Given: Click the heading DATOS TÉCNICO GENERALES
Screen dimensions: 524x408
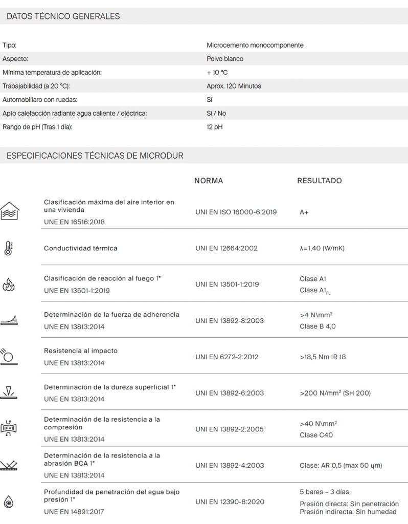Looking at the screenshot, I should click(x=63, y=16).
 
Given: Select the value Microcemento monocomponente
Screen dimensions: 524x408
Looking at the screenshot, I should click(x=255, y=45).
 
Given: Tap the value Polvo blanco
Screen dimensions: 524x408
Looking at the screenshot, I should click(x=225, y=59).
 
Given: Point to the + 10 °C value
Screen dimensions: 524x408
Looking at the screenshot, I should click(x=217, y=73).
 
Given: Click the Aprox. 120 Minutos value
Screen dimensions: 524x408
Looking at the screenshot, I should click(x=234, y=86).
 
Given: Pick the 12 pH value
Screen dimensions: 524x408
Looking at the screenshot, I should click(x=215, y=127).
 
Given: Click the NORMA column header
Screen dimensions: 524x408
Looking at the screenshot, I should click(x=209, y=181).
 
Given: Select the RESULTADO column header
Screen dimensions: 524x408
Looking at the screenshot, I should click(x=320, y=181).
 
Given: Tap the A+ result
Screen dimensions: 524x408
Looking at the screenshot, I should click(x=304, y=212).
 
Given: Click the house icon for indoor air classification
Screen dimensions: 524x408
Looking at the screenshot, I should click(x=9, y=211).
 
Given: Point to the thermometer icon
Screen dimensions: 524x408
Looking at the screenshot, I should click(x=8, y=248).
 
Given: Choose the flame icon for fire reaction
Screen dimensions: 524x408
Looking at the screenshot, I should click(x=9, y=285).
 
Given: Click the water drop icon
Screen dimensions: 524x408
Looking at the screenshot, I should click(x=8, y=502).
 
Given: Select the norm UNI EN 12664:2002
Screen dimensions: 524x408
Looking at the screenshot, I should click(x=226, y=248).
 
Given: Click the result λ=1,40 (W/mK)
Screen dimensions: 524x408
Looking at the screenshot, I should click(x=322, y=248).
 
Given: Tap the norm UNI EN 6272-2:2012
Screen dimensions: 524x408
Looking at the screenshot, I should click(x=228, y=357).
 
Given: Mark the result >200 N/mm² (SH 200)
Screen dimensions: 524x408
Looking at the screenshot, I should click(x=335, y=393).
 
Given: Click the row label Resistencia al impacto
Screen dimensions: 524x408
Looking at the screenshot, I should click(x=81, y=351).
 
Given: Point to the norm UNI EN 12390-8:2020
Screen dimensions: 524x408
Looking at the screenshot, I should click(x=230, y=501).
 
